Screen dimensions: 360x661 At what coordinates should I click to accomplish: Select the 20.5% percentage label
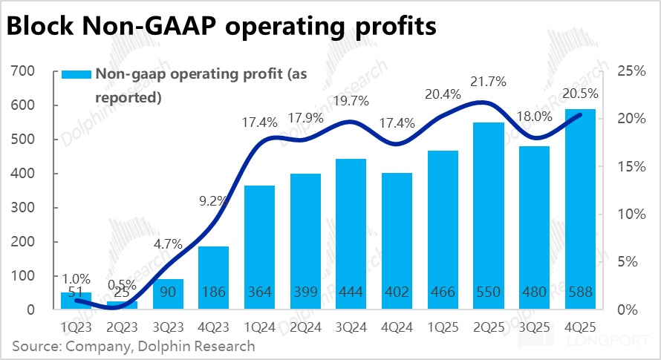coord(579,94)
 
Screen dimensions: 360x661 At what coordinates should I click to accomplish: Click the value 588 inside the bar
coord(579,292)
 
